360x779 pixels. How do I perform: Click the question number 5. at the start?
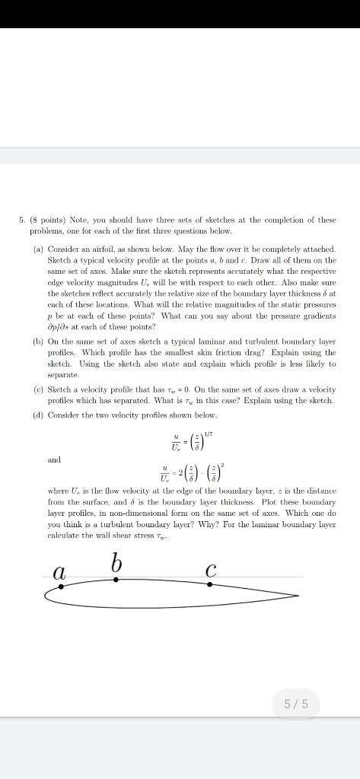(x=22, y=221)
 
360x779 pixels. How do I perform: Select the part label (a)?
(x=37, y=249)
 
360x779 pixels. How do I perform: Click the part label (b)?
(x=37, y=342)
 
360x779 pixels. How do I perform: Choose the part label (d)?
(x=37, y=415)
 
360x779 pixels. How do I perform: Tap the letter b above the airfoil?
(x=116, y=564)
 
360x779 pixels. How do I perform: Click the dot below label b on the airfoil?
(x=116, y=579)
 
